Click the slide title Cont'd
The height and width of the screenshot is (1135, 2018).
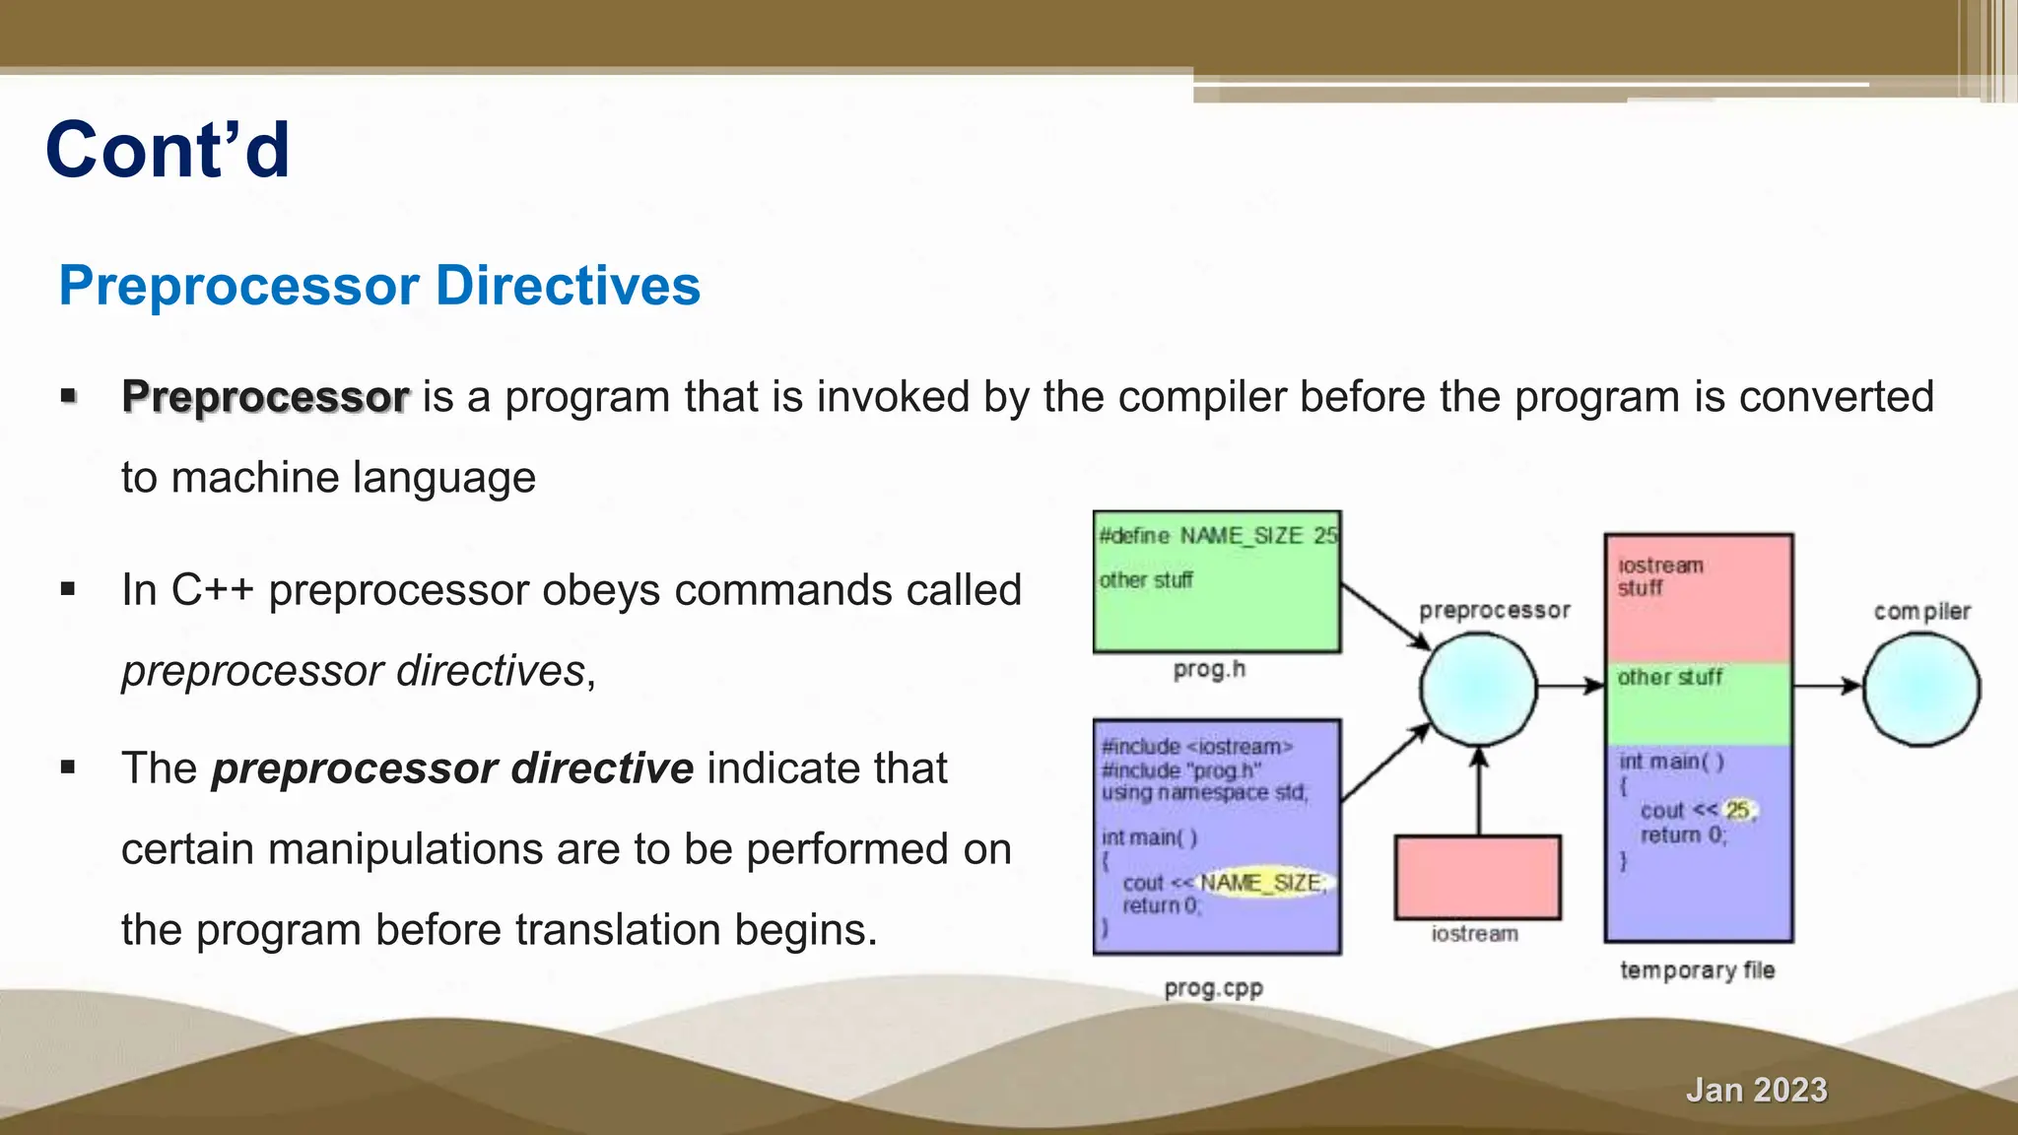pos(168,150)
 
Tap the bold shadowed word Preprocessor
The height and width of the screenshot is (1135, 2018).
pos(265,397)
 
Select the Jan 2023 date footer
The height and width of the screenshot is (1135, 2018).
pos(1756,1090)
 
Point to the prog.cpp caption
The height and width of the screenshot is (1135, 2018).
pos(1213,988)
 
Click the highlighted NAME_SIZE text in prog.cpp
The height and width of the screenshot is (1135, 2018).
pos(1261,883)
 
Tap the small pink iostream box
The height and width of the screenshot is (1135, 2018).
pos(1477,877)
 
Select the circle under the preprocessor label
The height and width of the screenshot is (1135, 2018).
pos(1478,689)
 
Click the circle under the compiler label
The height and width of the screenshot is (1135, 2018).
pos(1921,689)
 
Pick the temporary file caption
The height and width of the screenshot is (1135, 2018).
pos(1697,970)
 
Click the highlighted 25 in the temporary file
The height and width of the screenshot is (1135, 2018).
pos(1737,810)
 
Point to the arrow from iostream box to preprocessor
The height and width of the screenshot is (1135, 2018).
pos(1479,793)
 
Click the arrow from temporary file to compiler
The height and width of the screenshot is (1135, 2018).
pos(1827,686)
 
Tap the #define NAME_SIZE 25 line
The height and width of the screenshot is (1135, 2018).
pos(1218,536)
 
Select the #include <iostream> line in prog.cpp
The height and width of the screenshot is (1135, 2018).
pos(1196,747)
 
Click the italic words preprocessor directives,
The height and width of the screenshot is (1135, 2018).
pos(359,671)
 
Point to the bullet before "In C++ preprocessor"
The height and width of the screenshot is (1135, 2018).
pos(68,589)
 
